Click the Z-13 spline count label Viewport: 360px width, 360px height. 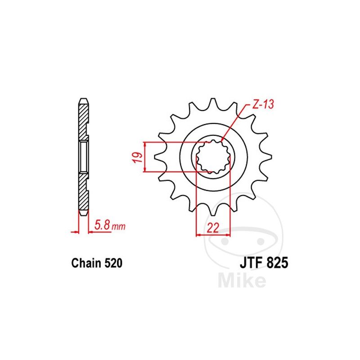pos(263,105)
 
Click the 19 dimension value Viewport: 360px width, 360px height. pos(138,157)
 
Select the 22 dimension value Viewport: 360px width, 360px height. pos(213,228)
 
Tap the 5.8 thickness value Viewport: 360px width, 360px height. pos(102,225)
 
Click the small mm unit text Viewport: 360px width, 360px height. pos(118,227)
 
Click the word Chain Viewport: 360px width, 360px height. pos(86,263)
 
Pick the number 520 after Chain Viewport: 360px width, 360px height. pos(113,263)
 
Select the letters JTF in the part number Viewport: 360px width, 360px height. pos(252,263)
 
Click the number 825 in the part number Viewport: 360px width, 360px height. pos(277,263)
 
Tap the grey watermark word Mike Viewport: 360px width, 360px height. pos(242,280)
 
